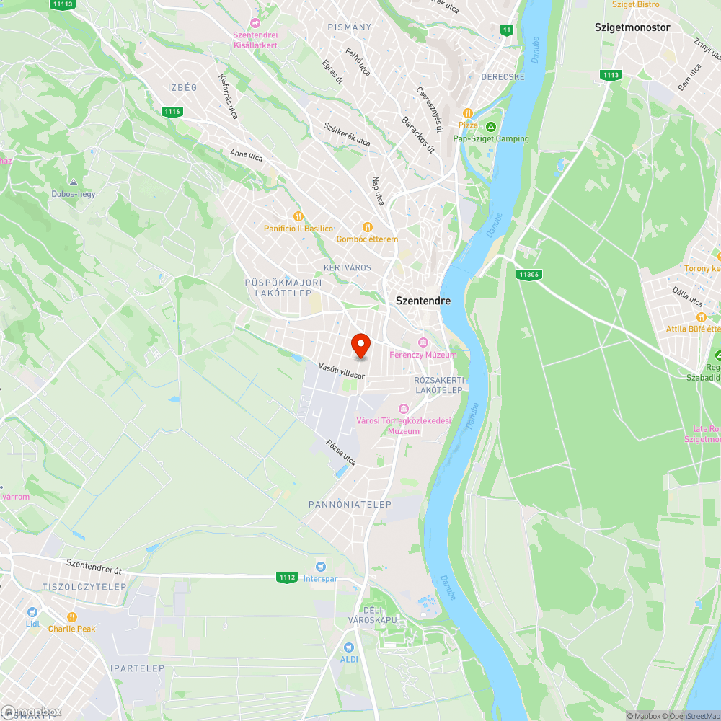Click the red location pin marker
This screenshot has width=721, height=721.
coord(360,345)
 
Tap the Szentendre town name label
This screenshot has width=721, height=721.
coord(423,301)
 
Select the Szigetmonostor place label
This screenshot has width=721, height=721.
coord(632,27)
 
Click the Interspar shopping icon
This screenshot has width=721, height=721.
coord(320,567)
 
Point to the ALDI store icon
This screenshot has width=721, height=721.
coord(349,647)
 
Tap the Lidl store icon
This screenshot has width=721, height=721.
coord(32,611)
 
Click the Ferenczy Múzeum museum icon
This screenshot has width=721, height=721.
coord(423,342)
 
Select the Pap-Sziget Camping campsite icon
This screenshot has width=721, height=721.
coord(490,127)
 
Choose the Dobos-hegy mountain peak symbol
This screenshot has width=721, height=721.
coord(73,182)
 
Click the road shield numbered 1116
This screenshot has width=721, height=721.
coord(172,111)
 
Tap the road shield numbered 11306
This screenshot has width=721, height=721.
coord(529,274)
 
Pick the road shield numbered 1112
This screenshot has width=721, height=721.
coord(287,577)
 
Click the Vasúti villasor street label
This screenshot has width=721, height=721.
coord(342,371)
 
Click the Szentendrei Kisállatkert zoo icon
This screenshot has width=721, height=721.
coord(255,23)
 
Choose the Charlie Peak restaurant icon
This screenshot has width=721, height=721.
coord(72,616)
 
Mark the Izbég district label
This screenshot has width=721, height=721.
coord(182,87)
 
